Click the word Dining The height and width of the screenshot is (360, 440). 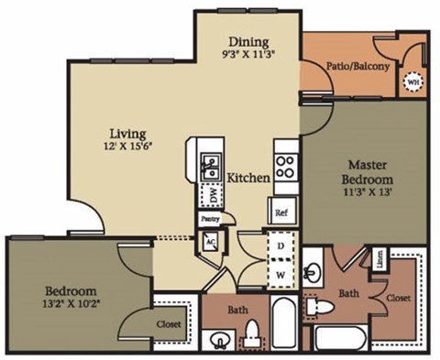[248, 41]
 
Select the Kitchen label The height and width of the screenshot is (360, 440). [247, 178]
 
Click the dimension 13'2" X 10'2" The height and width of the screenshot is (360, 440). [70, 279]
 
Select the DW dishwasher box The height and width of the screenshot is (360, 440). [212, 194]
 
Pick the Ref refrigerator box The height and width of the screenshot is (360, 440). [281, 211]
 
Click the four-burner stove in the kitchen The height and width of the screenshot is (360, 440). [285, 167]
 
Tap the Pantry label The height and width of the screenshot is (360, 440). [212, 220]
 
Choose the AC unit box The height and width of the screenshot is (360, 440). [210, 239]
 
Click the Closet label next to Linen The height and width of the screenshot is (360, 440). [397, 298]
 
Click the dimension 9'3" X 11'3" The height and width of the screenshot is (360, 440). [248, 54]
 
